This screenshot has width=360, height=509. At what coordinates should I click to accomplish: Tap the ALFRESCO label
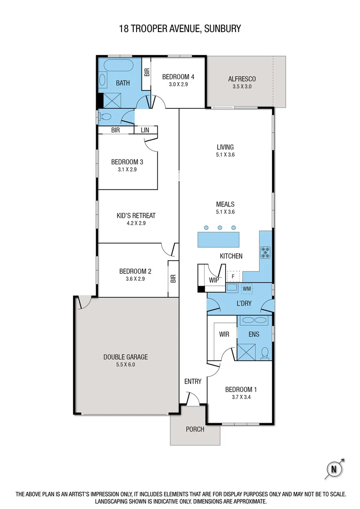pyautogui.click(x=242, y=79)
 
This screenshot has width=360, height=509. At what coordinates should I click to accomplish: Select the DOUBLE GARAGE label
pyautogui.click(x=125, y=357)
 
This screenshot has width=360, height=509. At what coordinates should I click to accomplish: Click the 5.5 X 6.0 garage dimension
pyautogui.click(x=125, y=364)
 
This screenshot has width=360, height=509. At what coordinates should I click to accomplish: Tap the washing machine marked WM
pyautogui.click(x=246, y=288)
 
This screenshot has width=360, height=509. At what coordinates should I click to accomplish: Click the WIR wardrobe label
pyautogui.click(x=224, y=334)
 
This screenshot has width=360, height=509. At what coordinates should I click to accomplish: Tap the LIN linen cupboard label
pyautogui.click(x=145, y=130)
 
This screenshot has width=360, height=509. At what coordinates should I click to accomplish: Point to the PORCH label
pyautogui.click(x=195, y=429)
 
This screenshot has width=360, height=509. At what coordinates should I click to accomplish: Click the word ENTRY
pyautogui.click(x=193, y=381)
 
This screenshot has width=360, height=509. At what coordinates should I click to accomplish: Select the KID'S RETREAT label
pyautogui.click(x=136, y=216)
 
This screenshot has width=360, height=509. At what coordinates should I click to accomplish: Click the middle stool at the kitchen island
pyautogui.click(x=220, y=228)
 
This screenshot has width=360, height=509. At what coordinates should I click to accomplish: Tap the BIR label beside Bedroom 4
pyautogui.click(x=146, y=72)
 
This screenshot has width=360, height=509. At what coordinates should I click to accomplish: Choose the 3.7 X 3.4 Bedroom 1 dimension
pyautogui.click(x=241, y=397)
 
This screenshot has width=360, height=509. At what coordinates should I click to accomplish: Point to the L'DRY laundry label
pyautogui.click(x=244, y=303)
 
